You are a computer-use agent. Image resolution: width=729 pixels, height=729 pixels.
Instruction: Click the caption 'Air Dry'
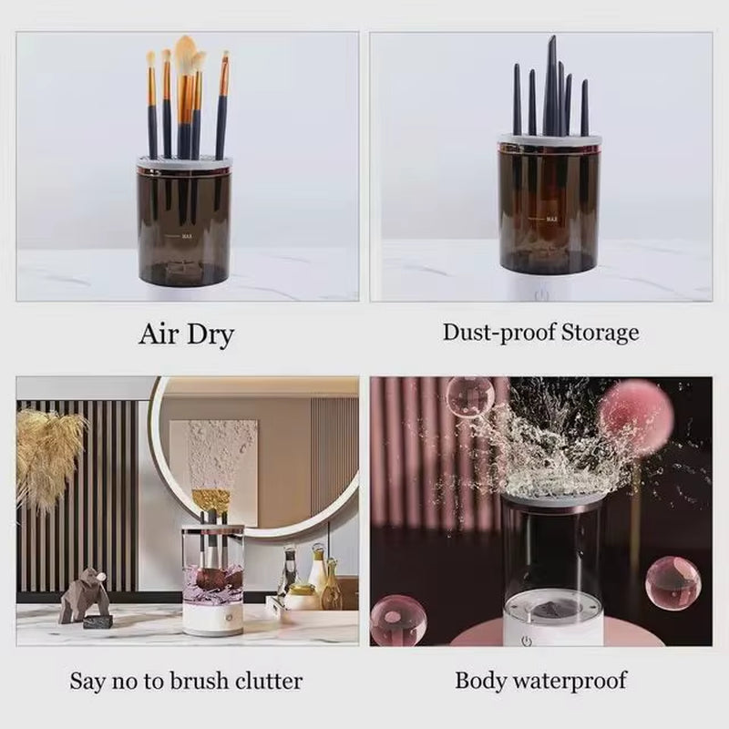186,334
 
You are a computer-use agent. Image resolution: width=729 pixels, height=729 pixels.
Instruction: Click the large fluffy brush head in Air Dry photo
186,56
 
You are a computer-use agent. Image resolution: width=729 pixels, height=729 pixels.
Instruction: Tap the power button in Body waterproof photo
526,641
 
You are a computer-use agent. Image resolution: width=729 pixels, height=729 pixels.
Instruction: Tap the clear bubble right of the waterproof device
673,583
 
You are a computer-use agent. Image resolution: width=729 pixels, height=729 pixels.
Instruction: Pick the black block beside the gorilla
98,621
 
